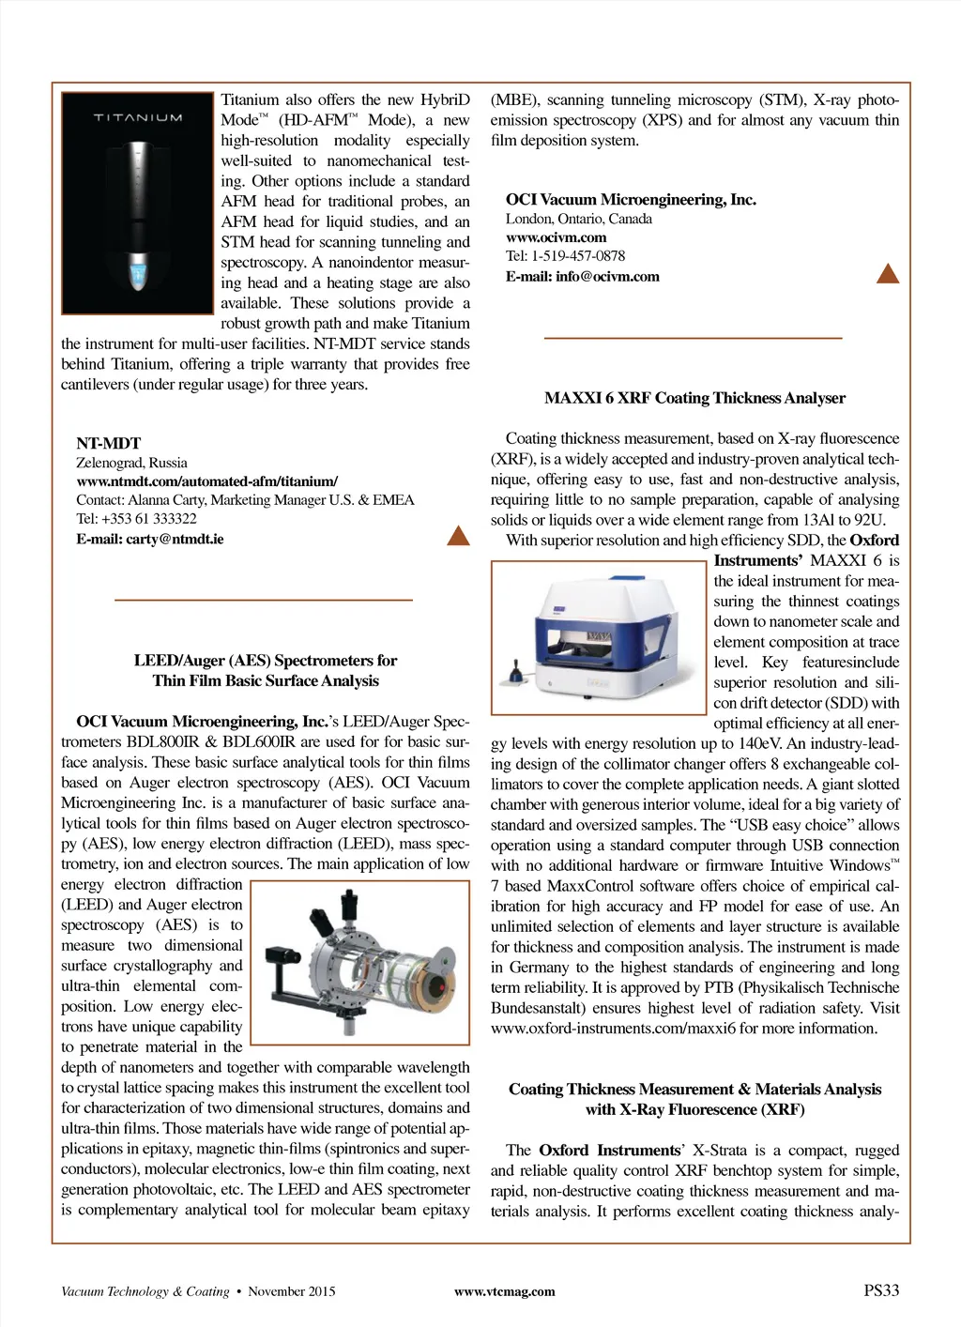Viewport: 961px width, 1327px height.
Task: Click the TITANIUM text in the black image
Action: (x=138, y=118)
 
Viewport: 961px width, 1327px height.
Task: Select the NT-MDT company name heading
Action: (x=109, y=443)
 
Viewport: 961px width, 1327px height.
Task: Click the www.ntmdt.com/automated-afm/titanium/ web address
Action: (x=206, y=481)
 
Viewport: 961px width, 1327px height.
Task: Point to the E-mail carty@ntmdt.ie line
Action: (x=150, y=540)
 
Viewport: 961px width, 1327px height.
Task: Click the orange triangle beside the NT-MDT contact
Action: (x=458, y=536)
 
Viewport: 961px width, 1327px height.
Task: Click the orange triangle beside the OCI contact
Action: (x=887, y=274)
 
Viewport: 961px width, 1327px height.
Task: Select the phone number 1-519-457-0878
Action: (x=578, y=256)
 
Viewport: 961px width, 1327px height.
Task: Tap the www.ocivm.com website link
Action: (x=556, y=237)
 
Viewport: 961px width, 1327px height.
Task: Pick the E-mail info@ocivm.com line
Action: (x=582, y=277)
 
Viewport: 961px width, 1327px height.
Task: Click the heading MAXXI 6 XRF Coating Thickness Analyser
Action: (x=694, y=398)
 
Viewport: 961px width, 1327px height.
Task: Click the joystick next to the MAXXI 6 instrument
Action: (x=514, y=673)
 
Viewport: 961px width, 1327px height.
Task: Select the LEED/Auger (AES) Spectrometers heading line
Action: (x=265, y=661)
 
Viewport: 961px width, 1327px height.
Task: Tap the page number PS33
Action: (x=880, y=1290)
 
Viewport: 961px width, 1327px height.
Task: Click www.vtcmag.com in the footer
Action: (x=504, y=1292)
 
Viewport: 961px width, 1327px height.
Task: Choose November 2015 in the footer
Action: (x=291, y=1292)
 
